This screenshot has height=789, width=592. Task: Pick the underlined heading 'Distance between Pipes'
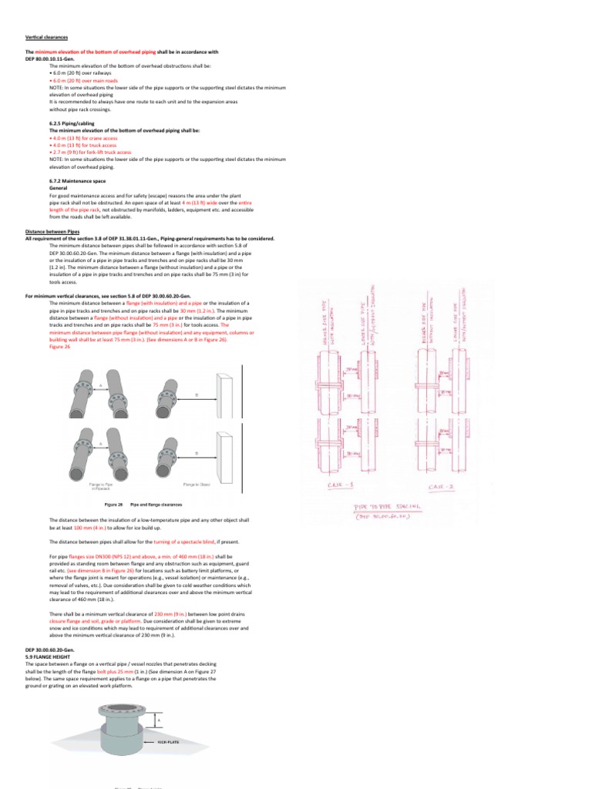pos(51,231)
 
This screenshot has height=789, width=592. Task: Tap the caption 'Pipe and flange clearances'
pos(156,504)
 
